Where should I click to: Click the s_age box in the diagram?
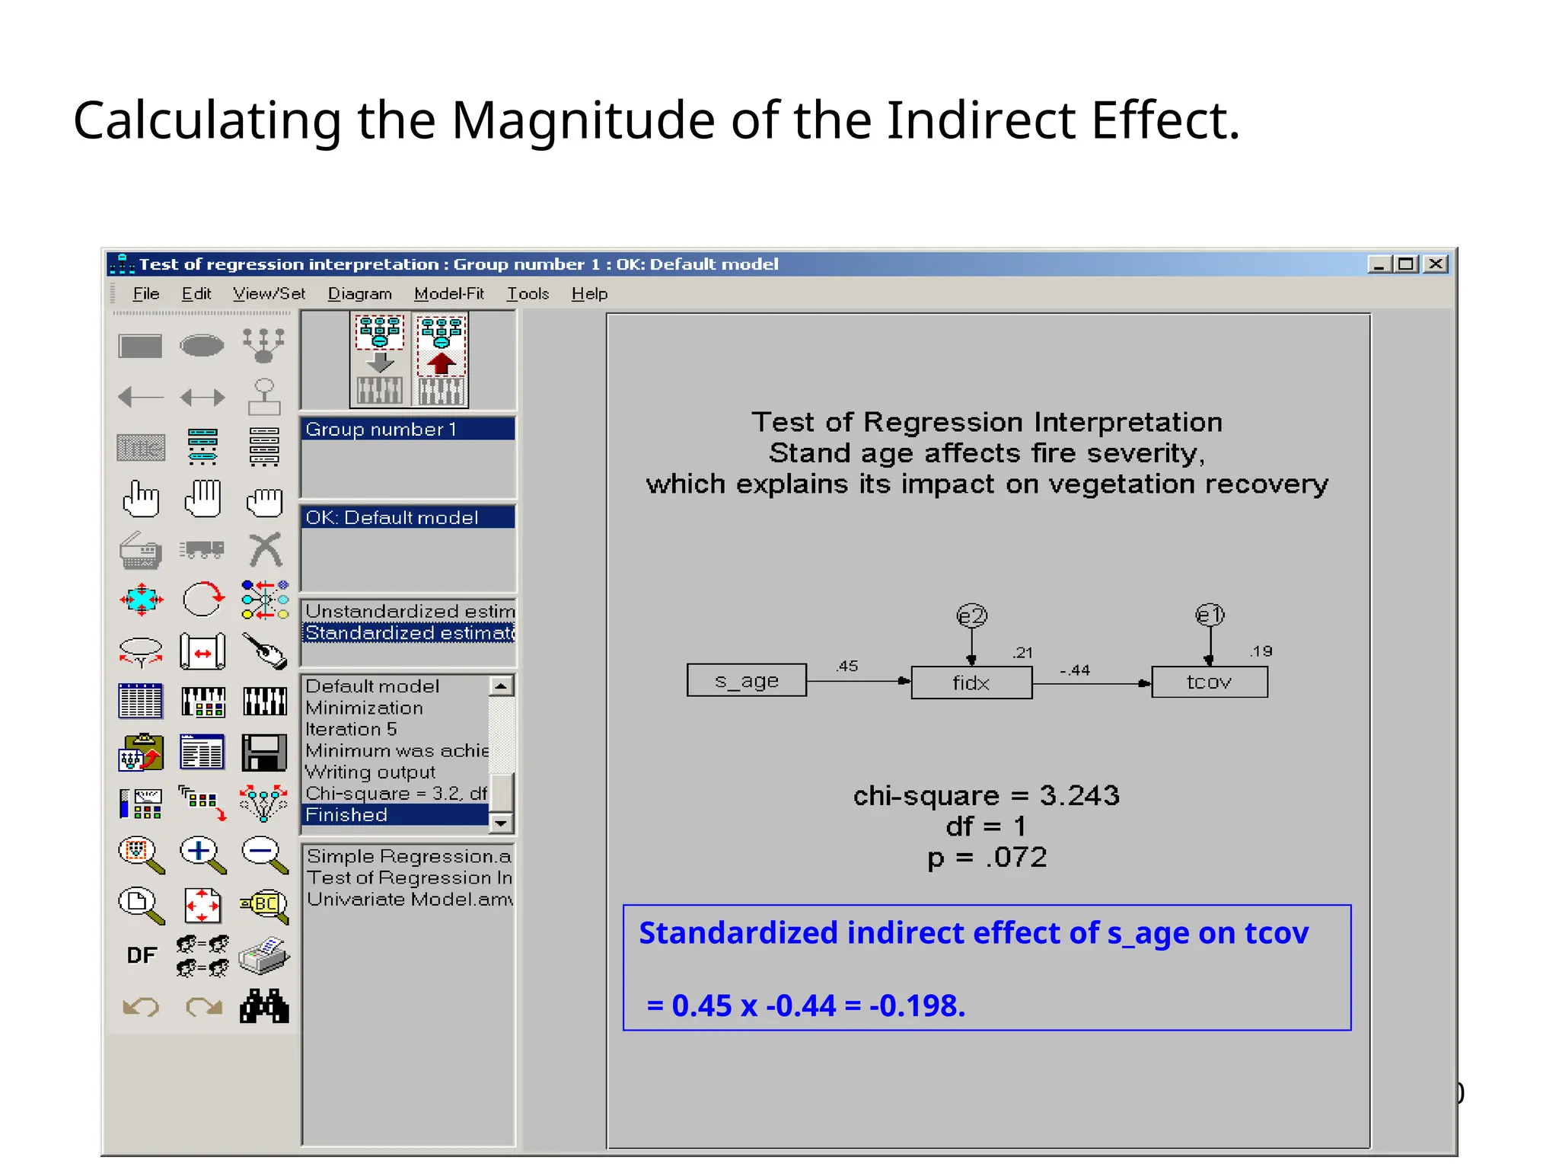tap(746, 680)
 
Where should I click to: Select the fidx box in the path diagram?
tap(971, 682)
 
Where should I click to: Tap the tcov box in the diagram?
tap(1209, 682)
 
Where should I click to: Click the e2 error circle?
tap(971, 615)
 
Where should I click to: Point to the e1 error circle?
tap(1210, 615)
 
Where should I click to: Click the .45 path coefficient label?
tap(846, 666)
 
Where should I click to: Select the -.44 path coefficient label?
tap(1075, 670)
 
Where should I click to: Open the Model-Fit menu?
tap(448, 293)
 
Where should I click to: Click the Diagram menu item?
tap(359, 293)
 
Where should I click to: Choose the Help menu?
tap(589, 293)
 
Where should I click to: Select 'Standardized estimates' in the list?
tap(409, 633)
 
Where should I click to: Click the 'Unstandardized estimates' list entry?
tap(409, 611)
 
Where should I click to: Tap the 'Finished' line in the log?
tap(346, 814)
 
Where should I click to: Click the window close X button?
tap(1436, 264)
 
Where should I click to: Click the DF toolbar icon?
tap(142, 955)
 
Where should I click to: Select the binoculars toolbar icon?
tap(264, 1006)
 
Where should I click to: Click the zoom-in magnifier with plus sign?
tap(202, 854)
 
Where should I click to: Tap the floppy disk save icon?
tap(264, 753)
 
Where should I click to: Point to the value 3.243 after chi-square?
tap(1079, 795)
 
